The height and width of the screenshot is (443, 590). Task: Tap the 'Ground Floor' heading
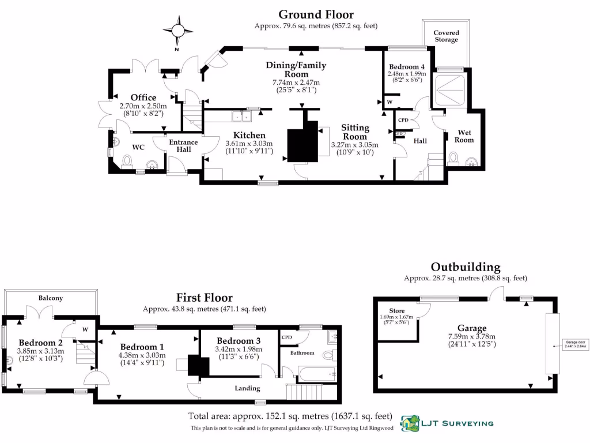click(x=316, y=14)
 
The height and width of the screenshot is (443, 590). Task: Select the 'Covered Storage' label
click(x=446, y=36)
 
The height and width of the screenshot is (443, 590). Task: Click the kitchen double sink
click(x=241, y=117)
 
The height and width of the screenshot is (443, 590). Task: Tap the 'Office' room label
click(x=143, y=97)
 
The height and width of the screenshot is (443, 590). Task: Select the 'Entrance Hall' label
click(x=183, y=146)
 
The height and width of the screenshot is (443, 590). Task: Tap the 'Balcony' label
click(x=51, y=298)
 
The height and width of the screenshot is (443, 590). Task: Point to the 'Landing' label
click(x=248, y=388)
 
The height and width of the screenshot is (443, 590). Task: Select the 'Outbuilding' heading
click(x=466, y=267)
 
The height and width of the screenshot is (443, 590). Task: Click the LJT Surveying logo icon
click(x=411, y=423)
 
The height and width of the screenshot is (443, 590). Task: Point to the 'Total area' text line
click(x=290, y=416)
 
